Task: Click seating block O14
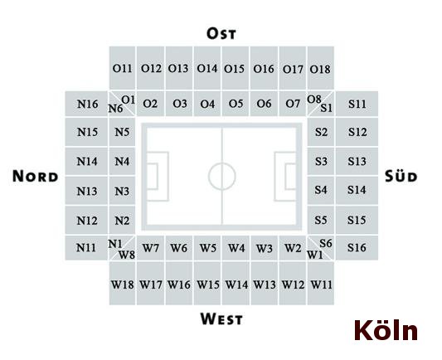[x=207, y=68]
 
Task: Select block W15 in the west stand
[x=208, y=284]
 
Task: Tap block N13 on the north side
[x=86, y=191]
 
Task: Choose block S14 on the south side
[x=357, y=191]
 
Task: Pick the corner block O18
[x=320, y=68]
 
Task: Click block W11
[x=321, y=284]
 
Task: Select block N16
[x=86, y=104]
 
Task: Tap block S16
[x=357, y=248]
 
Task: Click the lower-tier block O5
[x=236, y=104]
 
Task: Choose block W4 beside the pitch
[x=236, y=248]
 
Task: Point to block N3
[x=122, y=191]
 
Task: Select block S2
[x=321, y=132]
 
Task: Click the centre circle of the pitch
[x=222, y=163]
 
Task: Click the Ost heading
[x=221, y=33]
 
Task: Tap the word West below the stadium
[x=221, y=319]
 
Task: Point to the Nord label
[x=35, y=176]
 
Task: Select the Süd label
[x=401, y=176]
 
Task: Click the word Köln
[x=386, y=330]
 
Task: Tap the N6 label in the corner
[x=115, y=109]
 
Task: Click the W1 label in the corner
[x=314, y=255]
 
